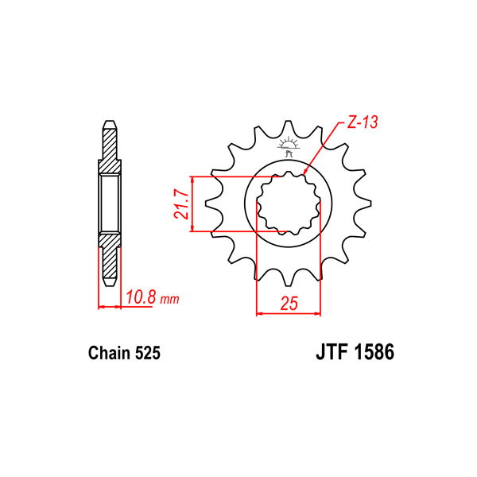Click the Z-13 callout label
(362, 122)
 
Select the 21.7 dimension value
(180, 204)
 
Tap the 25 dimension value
(289, 303)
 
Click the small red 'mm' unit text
(170, 300)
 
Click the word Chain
(109, 353)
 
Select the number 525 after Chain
(148, 353)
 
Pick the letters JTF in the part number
(332, 352)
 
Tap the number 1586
(374, 352)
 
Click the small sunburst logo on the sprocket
(288, 146)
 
